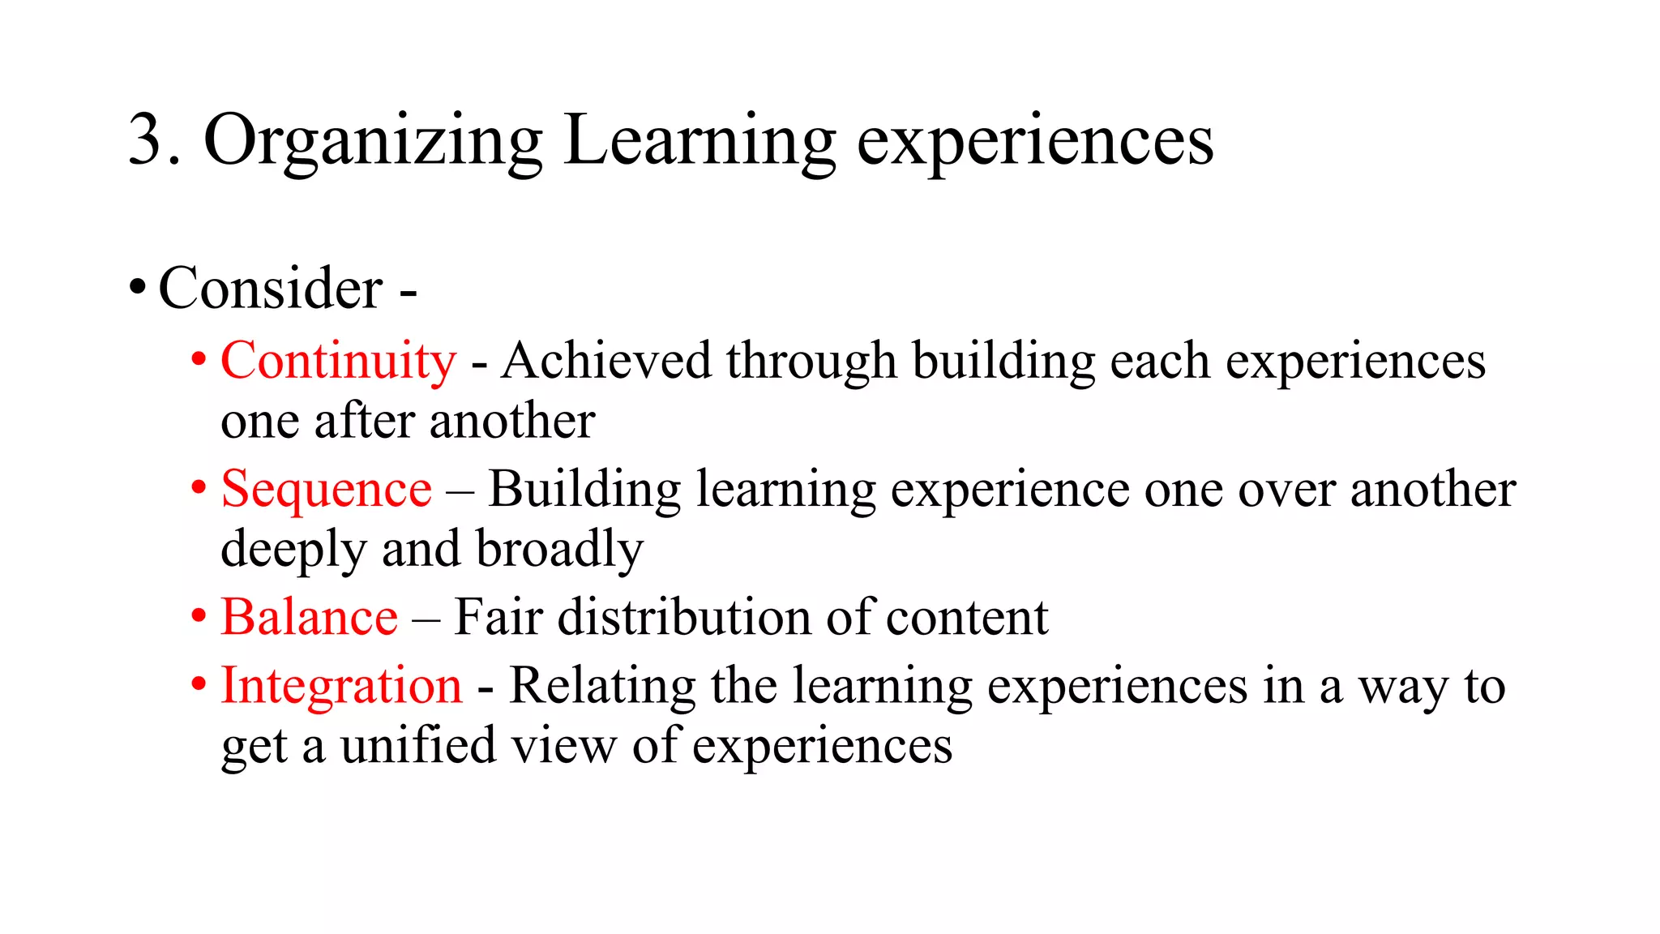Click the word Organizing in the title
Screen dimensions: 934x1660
pyautogui.click(x=372, y=142)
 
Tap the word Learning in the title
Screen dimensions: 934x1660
pyautogui.click(x=700, y=142)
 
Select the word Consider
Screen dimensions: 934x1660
pyautogui.click(x=271, y=289)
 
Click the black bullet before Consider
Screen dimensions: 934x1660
pyautogui.click(x=138, y=288)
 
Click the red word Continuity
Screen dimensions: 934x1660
pyautogui.click(x=338, y=361)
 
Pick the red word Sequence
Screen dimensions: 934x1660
pyautogui.click(x=326, y=490)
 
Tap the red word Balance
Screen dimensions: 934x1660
pyautogui.click(x=309, y=618)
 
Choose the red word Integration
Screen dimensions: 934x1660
pyautogui.click(x=341, y=686)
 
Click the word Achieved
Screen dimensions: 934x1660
pyautogui.click(x=606, y=361)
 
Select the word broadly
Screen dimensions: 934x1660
pyautogui.click(x=559, y=550)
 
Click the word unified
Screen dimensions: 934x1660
pyautogui.click(x=418, y=746)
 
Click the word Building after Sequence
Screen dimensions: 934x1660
pyautogui.click(x=584, y=490)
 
